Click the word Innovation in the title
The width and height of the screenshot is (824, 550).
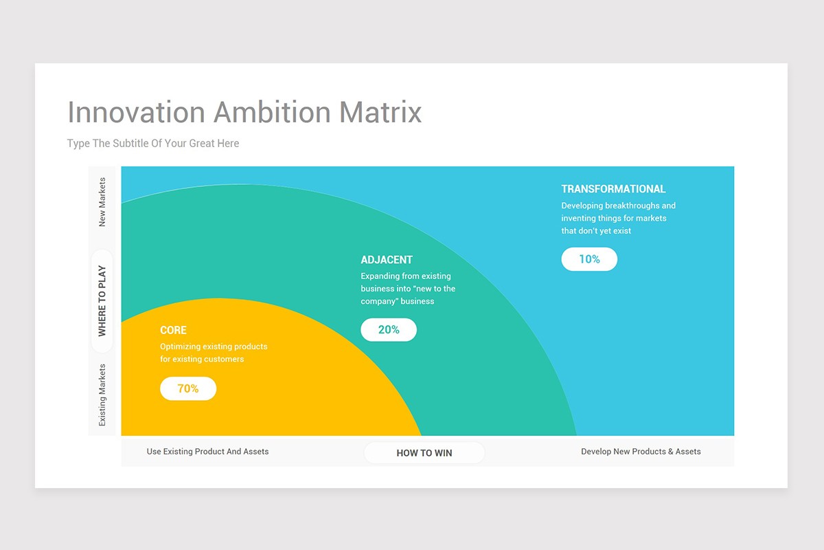click(x=136, y=112)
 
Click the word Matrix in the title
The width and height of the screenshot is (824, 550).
click(x=380, y=112)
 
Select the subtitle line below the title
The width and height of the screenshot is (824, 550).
click(x=153, y=143)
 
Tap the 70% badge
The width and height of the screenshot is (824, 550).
click(x=188, y=388)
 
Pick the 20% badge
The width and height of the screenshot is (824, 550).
click(x=389, y=329)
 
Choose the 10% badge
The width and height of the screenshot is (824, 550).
click(x=589, y=259)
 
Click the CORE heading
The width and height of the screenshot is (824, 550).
click(x=173, y=330)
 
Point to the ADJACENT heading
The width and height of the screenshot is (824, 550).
click(x=387, y=260)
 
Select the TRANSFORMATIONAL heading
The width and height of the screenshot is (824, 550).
click(x=613, y=189)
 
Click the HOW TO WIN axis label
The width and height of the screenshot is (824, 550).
click(x=424, y=452)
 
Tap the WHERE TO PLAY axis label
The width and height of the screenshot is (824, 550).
click(x=102, y=301)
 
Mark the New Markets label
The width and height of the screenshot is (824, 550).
click(x=102, y=202)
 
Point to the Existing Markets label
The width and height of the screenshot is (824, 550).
click(x=102, y=395)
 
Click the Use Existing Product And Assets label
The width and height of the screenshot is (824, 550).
click(x=207, y=452)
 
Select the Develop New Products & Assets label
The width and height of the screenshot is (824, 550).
click(x=641, y=452)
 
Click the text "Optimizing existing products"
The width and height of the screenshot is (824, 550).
click(x=214, y=346)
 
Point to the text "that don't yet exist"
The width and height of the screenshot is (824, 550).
click(x=596, y=231)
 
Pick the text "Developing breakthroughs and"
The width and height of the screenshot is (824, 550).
click(x=618, y=206)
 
